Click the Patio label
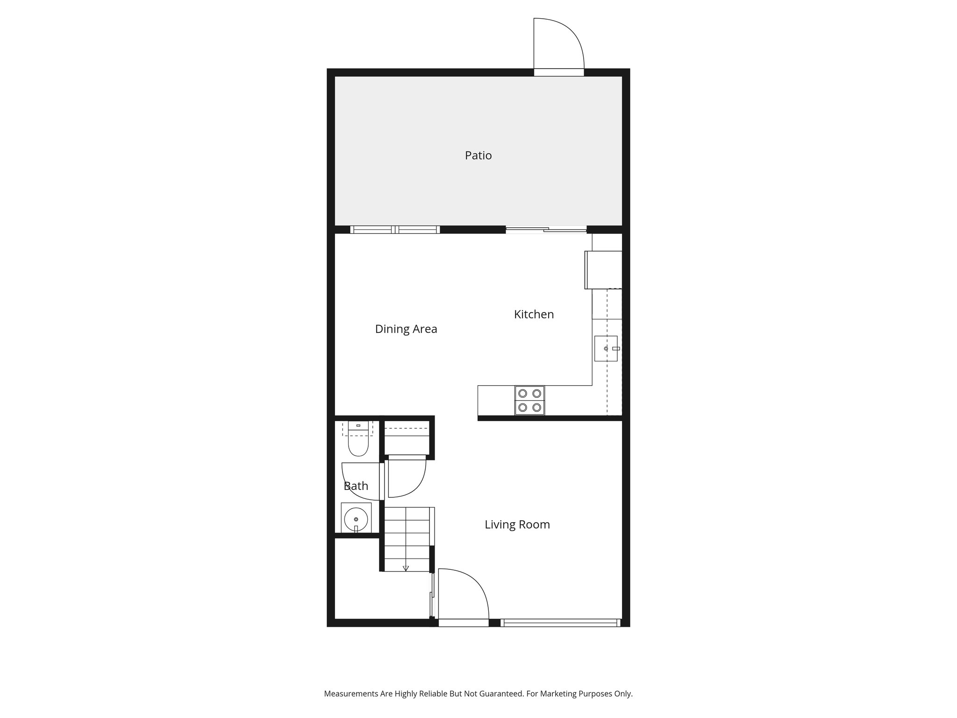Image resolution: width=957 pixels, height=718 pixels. (478, 155)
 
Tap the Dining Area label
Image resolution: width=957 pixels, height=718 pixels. (406, 329)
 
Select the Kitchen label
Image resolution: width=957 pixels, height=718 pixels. (534, 314)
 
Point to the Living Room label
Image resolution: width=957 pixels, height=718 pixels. (517, 524)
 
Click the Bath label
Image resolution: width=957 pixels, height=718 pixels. (356, 486)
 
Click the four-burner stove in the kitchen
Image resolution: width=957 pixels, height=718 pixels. (529, 400)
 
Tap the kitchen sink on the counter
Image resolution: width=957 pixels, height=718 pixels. (606, 349)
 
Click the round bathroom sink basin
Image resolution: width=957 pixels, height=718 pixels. (356, 519)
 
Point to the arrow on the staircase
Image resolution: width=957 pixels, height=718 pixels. (406, 568)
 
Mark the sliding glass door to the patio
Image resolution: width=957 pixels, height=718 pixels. (546, 230)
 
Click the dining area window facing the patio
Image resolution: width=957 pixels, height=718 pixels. (395, 230)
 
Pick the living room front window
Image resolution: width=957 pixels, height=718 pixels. (560, 623)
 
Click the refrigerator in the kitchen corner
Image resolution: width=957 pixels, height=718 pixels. (604, 270)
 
